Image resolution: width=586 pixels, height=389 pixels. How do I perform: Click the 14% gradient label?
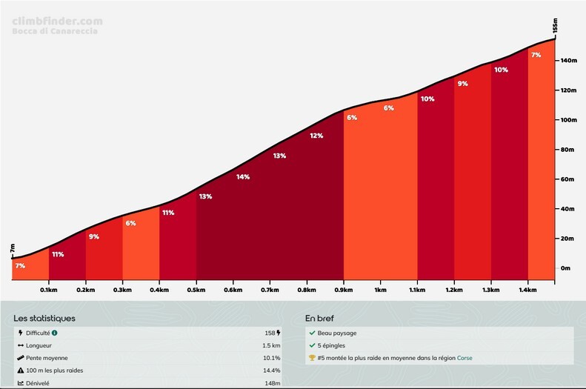(243, 177)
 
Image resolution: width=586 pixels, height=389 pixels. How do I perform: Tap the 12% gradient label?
(316, 136)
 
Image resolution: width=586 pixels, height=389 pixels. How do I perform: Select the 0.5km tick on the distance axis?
(196, 290)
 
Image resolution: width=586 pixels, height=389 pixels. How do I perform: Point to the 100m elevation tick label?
(567, 120)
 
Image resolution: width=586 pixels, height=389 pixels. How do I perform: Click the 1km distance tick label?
(381, 290)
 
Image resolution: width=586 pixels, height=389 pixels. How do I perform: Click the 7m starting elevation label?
(13, 249)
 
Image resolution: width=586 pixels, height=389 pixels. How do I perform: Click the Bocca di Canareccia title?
(55, 31)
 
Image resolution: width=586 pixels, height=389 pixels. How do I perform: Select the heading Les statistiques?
(44, 319)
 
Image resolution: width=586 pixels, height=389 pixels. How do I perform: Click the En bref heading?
(320, 319)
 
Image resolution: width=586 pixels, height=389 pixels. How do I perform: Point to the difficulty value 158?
(269, 333)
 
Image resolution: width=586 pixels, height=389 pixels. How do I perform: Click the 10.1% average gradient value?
(272, 358)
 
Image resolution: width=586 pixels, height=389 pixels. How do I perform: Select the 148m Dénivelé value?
(273, 383)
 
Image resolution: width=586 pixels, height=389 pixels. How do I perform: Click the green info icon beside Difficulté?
(55, 333)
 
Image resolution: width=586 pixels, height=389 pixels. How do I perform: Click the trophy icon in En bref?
(312, 358)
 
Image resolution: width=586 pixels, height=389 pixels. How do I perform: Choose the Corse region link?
(465, 358)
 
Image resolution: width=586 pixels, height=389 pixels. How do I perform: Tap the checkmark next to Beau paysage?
(312, 333)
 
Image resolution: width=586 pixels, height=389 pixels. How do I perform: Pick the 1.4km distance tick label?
(528, 290)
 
